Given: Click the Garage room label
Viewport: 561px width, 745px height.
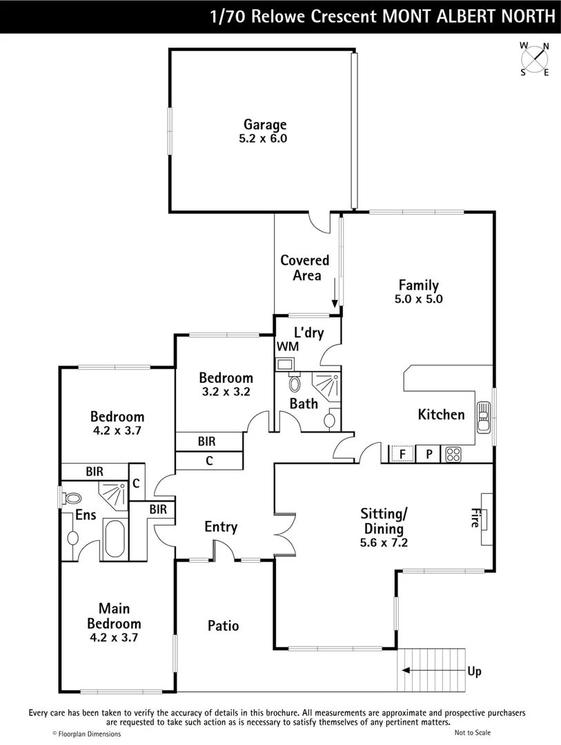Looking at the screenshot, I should click(264, 125).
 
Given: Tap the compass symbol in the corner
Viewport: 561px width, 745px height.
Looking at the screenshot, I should click(535, 59).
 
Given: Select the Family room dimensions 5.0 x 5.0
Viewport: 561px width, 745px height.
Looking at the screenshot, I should click(419, 299).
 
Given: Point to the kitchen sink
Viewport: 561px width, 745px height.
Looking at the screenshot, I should click(484, 416).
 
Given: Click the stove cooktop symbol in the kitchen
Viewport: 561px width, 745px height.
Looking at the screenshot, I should click(453, 455).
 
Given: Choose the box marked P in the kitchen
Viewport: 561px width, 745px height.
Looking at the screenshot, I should click(428, 455).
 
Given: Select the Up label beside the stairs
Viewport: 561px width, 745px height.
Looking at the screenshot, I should click(474, 671).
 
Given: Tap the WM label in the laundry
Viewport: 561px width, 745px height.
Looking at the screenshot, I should click(288, 346).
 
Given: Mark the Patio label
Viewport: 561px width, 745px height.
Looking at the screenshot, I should click(224, 626).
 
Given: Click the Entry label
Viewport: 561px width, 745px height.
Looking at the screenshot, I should click(221, 527).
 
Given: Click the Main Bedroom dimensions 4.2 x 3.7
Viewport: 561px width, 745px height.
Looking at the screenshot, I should click(115, 638).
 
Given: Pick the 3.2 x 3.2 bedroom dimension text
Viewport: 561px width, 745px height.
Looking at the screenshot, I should click(226, 391).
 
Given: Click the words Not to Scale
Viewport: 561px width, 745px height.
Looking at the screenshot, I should click(473, 733).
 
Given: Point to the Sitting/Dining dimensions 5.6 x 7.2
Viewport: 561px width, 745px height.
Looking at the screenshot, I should click(384, 543).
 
